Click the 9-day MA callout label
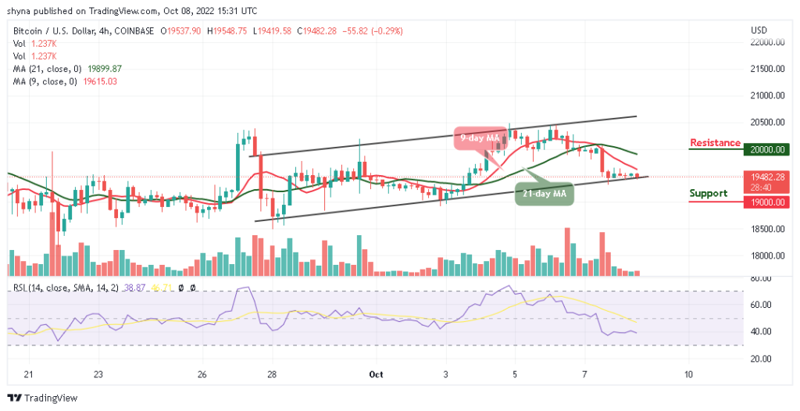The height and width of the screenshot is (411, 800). click(480, 138)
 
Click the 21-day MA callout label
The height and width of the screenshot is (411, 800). click(544, 192)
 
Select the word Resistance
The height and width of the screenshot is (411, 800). click(715, 143)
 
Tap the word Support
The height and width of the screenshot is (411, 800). click(709, 193)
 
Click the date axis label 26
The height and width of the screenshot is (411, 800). click(202, 374)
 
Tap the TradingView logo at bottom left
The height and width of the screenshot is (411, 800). click(44, 397)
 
